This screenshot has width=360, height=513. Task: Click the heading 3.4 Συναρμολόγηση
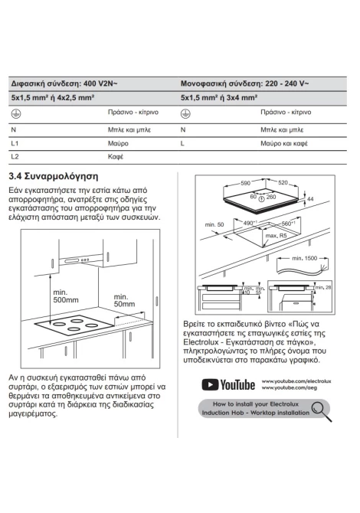click(x=54, y=177)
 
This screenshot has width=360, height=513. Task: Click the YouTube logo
click(x=228, y=384)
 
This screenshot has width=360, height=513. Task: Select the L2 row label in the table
click(x=15, y=156)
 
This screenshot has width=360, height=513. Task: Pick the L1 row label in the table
click(x=15, y=143)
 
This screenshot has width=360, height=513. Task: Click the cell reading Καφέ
click(x=116, y=157)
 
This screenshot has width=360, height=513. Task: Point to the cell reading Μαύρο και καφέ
click(x=284, y=143)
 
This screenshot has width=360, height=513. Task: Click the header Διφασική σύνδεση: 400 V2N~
click(x=64, y=83)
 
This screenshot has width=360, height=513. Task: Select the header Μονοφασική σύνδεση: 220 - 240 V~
click(x=244, y=83)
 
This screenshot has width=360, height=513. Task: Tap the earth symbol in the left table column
click(x=16, y=113)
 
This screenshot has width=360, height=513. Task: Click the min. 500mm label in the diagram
click(x=66, y=296)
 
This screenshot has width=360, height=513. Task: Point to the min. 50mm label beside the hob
click(x=124, y=300)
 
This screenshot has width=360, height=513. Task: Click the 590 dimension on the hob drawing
click(x=245, y=183)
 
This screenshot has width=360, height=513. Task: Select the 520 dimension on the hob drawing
click(x=283, y=182)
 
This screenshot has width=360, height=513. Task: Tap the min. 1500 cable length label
click(x=305, y=258)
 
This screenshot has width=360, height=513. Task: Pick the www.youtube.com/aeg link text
click(x=290, y=388)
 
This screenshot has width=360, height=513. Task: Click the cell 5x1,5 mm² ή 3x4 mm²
click(x=219, y=97)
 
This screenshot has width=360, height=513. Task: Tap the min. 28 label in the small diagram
click(x=323, y=288)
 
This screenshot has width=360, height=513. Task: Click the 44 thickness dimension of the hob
click(x=310, y=199)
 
